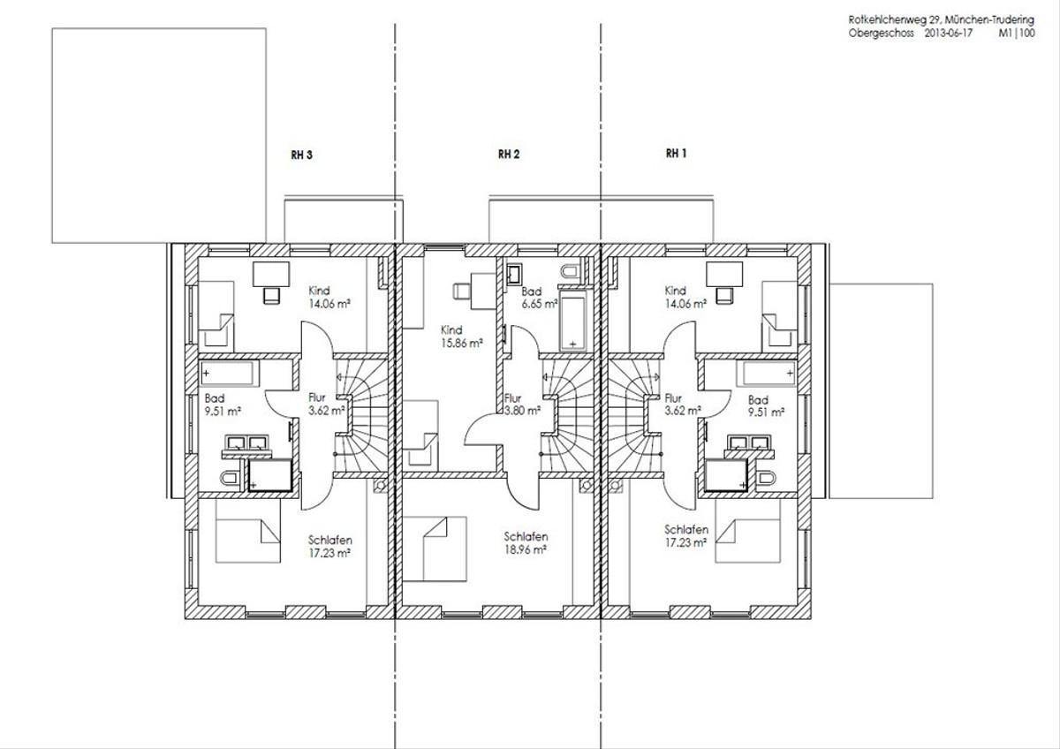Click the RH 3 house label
tap(301, 155)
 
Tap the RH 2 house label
tap(509, 154)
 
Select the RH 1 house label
tap(677, 153)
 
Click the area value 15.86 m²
tap(462, 343)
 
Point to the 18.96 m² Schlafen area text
tap(526, 549)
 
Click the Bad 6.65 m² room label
tap(540, 298)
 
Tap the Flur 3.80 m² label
tap(522, 405)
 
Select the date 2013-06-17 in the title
tap(949, 33)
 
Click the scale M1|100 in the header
tap(1017, 33)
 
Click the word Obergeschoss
tap(882, 34)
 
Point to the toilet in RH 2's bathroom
tap(570, 271)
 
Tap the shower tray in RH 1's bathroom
tap(725, 474)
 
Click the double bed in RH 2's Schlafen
tap(435, 549)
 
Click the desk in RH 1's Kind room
tap(724, 275)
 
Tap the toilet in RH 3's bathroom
tap(231, 479)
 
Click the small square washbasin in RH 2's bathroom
tap(513, 273)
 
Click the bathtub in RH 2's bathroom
tap(573, 321)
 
